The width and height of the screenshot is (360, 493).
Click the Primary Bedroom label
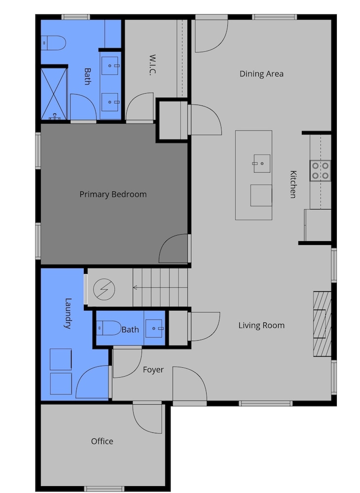click(113, 194)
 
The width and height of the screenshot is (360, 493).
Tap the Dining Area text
click(261, 74)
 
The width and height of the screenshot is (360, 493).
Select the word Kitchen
click(293, 184)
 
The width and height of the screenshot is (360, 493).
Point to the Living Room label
click(261, 325)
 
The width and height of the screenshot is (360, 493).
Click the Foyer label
click(153, 370)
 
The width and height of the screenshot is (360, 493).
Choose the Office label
click(102, 441)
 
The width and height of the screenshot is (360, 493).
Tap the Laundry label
click(68, 314)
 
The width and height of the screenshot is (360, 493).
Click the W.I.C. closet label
click(152, 65)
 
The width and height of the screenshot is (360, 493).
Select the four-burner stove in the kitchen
click(321, 171)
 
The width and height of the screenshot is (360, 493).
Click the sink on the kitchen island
click(261, 164)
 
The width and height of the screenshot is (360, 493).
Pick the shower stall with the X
click(54, 94)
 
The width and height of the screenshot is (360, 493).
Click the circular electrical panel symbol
click(104, 289)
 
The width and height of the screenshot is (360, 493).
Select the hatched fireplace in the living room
click(322, 324)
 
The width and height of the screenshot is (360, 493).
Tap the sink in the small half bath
click(155, 328)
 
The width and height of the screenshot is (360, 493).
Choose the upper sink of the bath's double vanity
click(110, 66)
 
